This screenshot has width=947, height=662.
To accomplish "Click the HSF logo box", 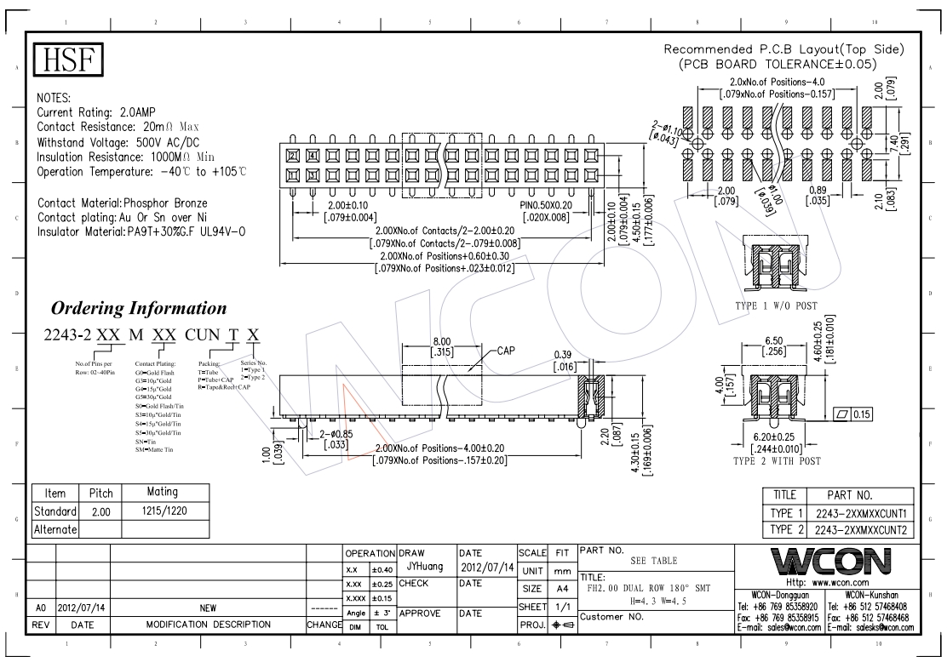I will pos(67,60).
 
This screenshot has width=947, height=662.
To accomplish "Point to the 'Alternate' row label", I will pos(56,529).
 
